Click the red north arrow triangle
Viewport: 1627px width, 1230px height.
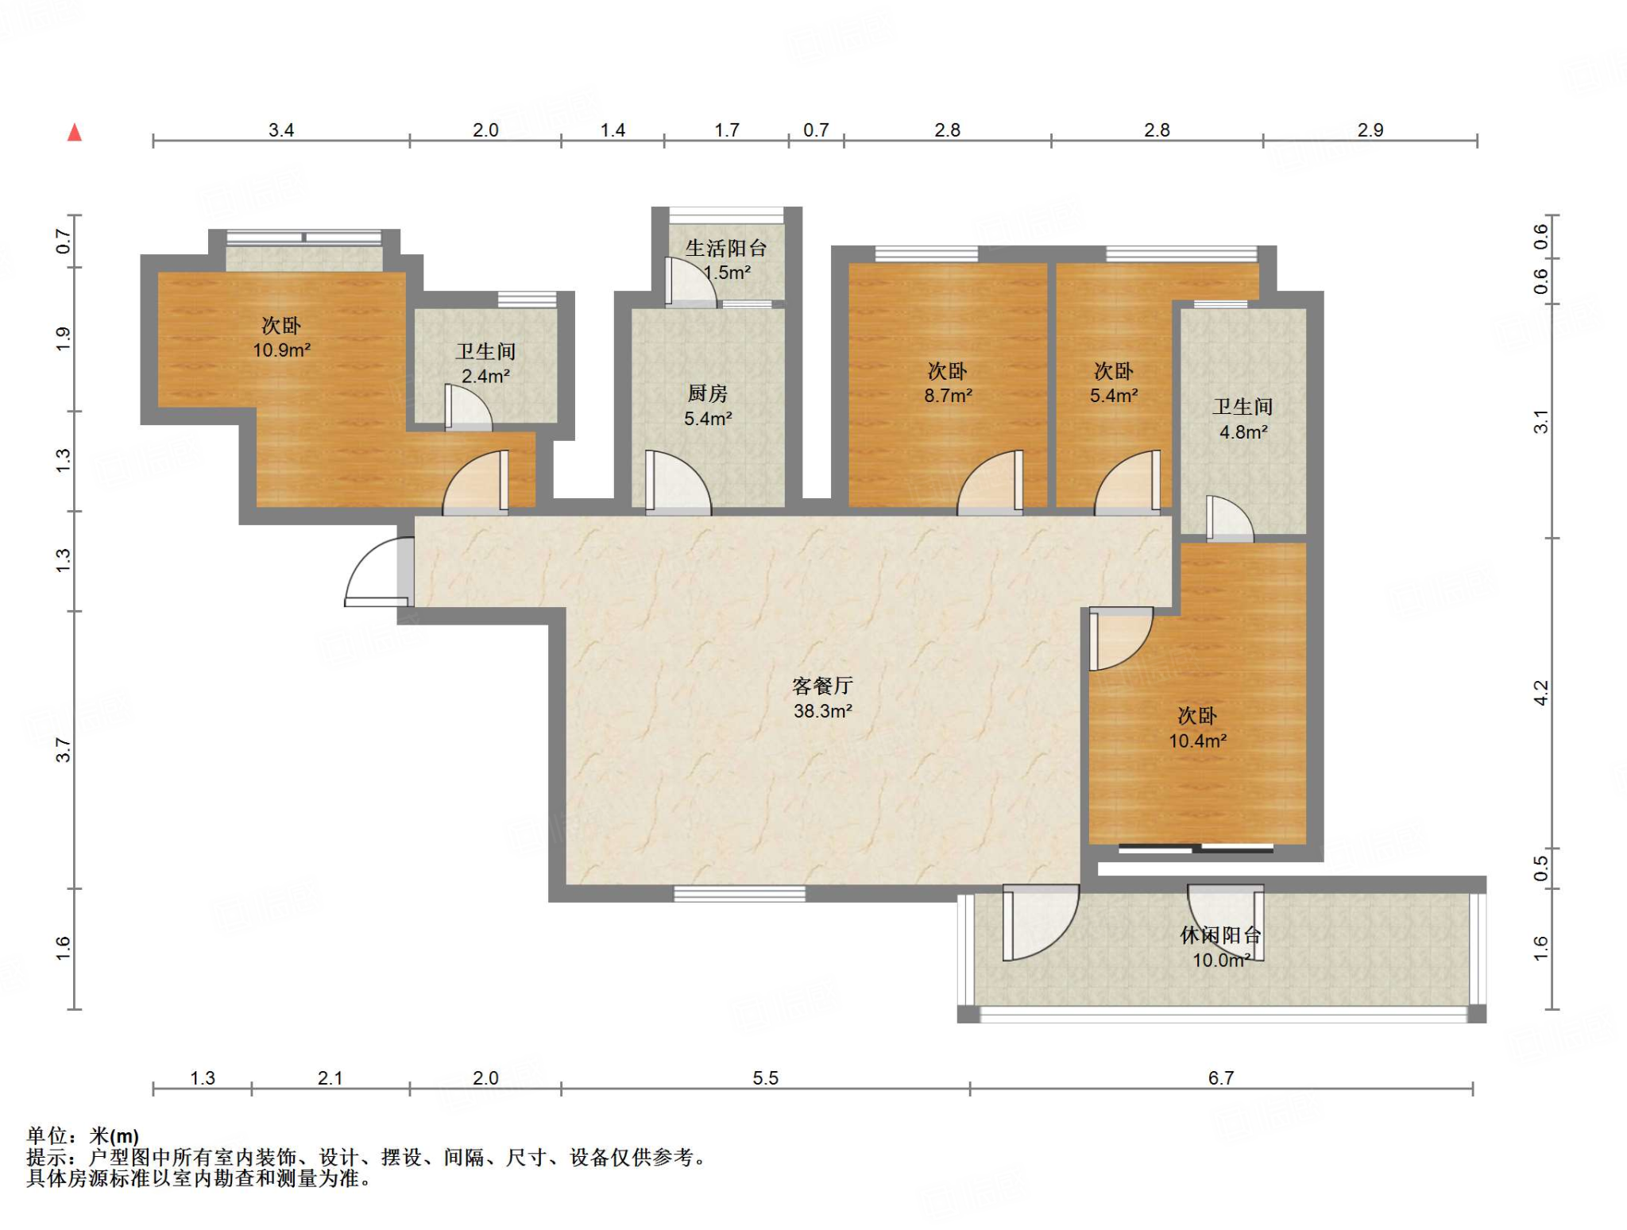tap(75, 133)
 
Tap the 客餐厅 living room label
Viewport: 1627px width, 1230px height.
tap(822, 686)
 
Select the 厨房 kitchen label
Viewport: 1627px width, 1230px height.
tap(707, 393)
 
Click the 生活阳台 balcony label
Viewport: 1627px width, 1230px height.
tap(725, 249)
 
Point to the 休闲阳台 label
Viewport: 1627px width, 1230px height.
tap(1220, 935)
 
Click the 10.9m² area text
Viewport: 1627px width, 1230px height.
tap(281, 350)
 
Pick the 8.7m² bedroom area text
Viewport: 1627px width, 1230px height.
tap(948, 396)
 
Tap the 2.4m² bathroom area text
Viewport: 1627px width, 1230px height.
tap(485, 377)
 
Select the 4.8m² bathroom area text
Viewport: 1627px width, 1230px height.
tap(1243, 432)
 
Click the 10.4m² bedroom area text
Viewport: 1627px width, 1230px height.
tap(1197, 741)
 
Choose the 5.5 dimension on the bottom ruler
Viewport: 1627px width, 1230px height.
tap(765, 1078)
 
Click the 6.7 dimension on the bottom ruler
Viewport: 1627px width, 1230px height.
tap(1221, 1078)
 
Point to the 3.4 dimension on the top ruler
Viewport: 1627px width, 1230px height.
tap(281, 130)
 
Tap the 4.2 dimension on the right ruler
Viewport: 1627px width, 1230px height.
tap(1540, 693)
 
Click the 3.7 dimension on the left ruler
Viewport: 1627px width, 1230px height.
tap(64, 750)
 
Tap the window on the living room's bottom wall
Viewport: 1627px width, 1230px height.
tap(739, 894)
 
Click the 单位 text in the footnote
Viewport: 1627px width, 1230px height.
tap(45, 1136)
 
